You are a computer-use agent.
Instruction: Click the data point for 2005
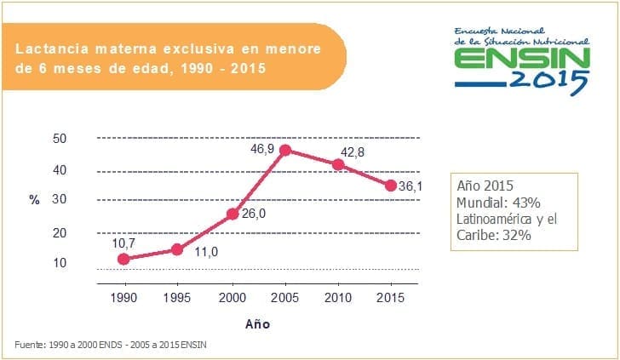click(x=285, y=150)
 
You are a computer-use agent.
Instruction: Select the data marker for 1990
click(x=124, y=259)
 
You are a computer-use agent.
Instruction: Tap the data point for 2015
click(x=391, y=185)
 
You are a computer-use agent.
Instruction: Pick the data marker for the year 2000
click(x=232, y=214)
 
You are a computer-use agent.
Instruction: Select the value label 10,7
click(x=124, y=243)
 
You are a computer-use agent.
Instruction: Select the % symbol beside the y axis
click(x=35, y=200)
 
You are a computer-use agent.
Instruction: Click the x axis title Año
click(x=257, y=323)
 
